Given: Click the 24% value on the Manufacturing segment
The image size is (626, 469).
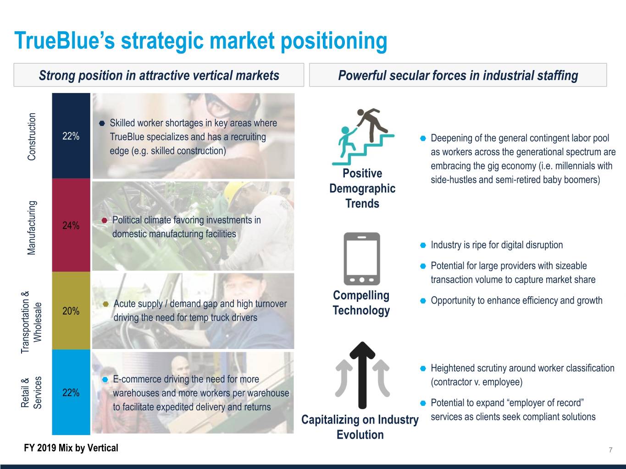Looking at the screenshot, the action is click(x=71, y=225).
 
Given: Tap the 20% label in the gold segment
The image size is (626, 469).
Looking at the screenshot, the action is click(x=71, y=311).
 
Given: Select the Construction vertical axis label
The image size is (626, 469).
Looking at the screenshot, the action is click(x=32, y=136).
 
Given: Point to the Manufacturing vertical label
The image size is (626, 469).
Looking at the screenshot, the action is click(x=32, y=228).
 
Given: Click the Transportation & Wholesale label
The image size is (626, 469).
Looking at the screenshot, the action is click(x=31, y=322).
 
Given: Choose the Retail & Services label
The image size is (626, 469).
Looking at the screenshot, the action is click(x=31, y=393).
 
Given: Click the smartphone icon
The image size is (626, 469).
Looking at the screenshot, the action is click(x=362, y=259).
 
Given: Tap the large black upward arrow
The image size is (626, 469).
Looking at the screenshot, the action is click(x=362, y=375).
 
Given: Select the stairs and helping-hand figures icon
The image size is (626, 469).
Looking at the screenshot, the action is click(x=363, y=136).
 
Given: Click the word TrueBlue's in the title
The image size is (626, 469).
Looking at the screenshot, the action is click(x=65, y=40).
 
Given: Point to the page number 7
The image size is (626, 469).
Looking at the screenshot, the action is click(x=610, y=450).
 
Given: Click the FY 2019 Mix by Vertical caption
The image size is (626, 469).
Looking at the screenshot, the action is click(x=71, y=448).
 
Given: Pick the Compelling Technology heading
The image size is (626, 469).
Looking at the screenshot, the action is click(x=361, y=303).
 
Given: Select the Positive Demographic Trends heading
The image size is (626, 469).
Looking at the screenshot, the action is click(x=362, y=189).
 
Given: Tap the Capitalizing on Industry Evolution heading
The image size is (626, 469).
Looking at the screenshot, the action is click(x=360, y=427).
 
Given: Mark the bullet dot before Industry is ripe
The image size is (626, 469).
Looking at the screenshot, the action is click(x=423, y=245).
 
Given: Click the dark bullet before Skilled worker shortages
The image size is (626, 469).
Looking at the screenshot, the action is click(x=102, y=123).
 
